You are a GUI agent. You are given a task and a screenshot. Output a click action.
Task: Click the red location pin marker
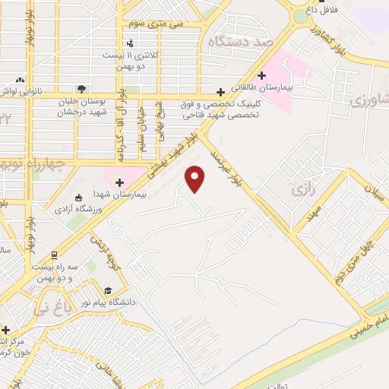196,179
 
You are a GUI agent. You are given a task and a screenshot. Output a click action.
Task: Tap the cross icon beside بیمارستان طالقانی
262,75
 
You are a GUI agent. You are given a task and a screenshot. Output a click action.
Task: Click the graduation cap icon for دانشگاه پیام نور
107,290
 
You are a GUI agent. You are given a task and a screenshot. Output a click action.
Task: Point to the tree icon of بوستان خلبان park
81,88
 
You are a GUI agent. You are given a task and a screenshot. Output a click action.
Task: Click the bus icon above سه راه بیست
54,255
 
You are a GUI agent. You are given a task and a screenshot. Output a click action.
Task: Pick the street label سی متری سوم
158,24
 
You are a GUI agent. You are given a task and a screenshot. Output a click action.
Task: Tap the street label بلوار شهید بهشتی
170,155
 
